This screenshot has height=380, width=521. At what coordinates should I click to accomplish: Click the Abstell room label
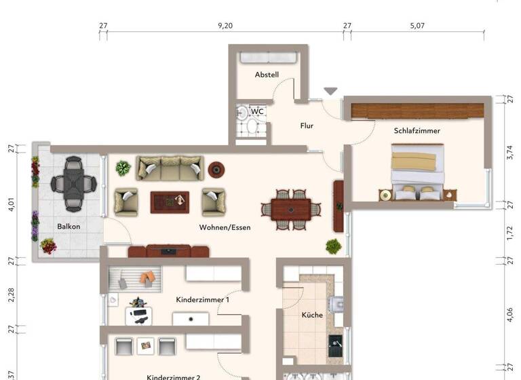point(267,75)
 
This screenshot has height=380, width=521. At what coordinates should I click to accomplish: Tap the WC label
point(257,111)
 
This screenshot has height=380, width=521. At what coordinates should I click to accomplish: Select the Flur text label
point(307,126)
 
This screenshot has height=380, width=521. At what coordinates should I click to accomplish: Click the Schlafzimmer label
point(417,130)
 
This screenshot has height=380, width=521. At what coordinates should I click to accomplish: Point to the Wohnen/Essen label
point(225,227)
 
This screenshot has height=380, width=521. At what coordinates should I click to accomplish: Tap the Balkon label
point(69,226)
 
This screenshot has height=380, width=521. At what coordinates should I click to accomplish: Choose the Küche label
point(312,315)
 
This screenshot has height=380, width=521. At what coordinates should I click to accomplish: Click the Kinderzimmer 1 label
point(202,299)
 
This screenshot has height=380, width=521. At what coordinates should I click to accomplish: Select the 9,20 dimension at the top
point(225,25)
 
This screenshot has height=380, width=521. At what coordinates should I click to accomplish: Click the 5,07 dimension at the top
point(417,25)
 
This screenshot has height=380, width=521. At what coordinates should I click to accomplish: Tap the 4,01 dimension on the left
point(11,204)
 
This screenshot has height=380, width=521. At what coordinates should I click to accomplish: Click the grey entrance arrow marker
point(330,91)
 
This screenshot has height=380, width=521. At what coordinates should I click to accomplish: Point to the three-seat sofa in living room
point(169,168)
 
